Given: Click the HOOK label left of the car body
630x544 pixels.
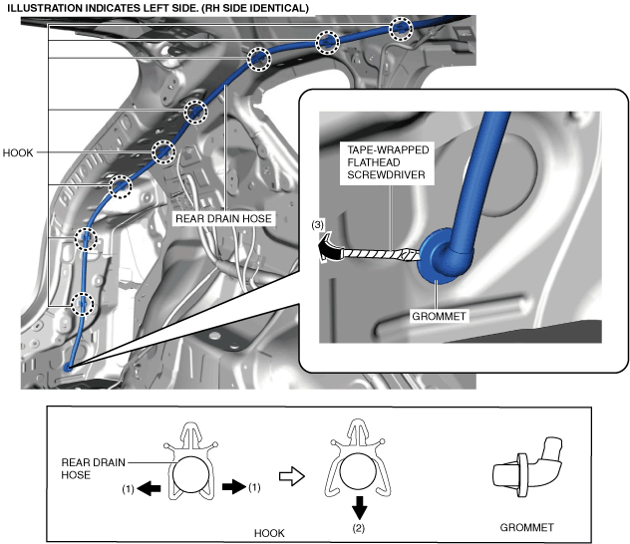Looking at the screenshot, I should (x=19, y=153).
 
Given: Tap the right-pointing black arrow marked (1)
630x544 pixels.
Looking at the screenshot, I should (x=231, y=486).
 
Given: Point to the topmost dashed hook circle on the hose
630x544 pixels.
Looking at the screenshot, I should (x=401, y=28).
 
